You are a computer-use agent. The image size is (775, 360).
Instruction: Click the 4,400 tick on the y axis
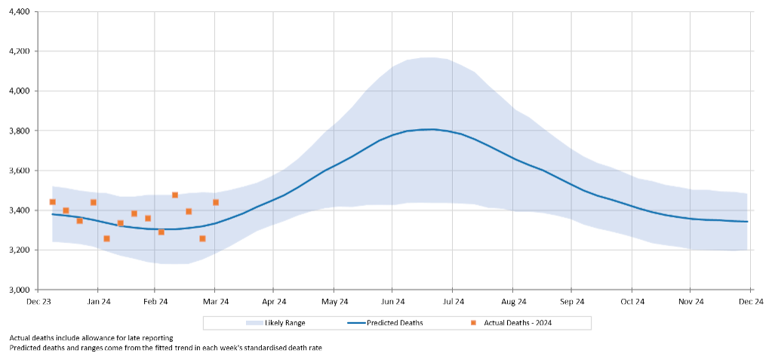pyautogui.click(x=18, y=12)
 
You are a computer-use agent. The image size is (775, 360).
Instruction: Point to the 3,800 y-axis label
pyautogui.click(x=18, y=131)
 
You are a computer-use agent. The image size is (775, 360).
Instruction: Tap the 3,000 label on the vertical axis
pyautogui.click(x=18, y=290)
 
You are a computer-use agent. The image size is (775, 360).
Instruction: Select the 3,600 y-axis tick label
pyautogui.click(x=18, y=171)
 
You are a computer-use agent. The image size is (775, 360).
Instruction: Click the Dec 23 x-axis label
pyautogui.click(x=38, y=302)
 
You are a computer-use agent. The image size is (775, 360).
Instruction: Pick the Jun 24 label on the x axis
pyautogui.click(x=392, y=302)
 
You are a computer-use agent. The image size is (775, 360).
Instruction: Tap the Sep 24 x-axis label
pyautogui.click(x=571, y=302)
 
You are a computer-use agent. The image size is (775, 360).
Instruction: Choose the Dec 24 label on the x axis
pyautogui.click(x=751, y=302)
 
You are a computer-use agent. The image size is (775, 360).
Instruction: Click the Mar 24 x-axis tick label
pyautogui.click(x=215, y=302)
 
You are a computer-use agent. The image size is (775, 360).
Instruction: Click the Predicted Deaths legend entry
pyautogui.click(x=395, y=323)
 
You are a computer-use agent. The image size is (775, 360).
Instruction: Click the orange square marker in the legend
pyautogui.click(x=473, y=323)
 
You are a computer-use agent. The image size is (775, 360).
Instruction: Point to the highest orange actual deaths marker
pyautogui.click(x=175, y=195)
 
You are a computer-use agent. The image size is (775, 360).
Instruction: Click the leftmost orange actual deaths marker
pyautogui.click(x=52, y=202)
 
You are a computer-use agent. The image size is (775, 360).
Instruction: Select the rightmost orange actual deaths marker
pyautogui.click(x=216, y=202)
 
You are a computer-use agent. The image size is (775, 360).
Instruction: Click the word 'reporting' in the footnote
pyautogui.click(x=157, y=338)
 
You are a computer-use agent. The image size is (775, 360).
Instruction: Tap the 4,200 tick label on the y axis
pyautogui.click(x=18, y=51)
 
